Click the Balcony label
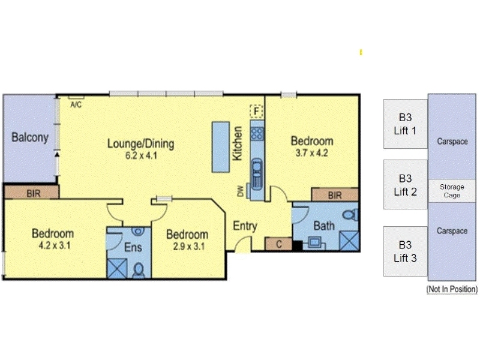[30, 137]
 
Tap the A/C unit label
[76, 104]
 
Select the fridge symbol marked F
[257, 111]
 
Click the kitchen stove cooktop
[257, 133]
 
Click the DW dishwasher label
[241, 191]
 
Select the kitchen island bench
[221, 147]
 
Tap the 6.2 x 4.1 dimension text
[141, 155]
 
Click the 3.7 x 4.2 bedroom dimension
[311, 152]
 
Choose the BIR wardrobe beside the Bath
[335, 194]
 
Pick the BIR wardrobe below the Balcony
[32, 193]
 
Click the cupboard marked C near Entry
[278, 244]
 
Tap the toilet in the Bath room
[351, 215]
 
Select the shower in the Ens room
[117, 268]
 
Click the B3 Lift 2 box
[406, 185]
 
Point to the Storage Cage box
[452, 191]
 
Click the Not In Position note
[452, 289]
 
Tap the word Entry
[245, 226]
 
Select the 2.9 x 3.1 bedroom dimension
[188, 246]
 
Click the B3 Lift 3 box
[406, 251]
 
